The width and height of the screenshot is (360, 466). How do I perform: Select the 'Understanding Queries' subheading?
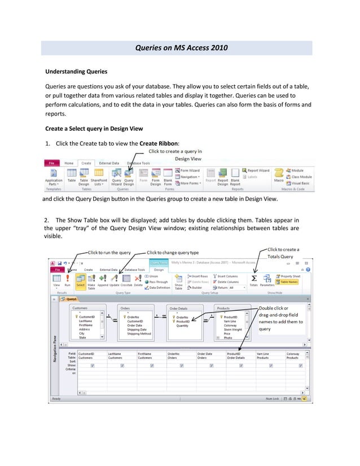(x=76, y=72)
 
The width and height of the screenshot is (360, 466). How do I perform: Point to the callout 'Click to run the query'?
(x=109, y=252)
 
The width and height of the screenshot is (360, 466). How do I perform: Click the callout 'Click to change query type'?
(x=173, y=252)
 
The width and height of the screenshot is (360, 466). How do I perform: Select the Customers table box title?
(x=80, y=309)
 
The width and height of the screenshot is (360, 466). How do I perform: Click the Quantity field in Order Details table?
(x=183, y=326)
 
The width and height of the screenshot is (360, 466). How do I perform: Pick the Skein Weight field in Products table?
(x=233, y=329)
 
